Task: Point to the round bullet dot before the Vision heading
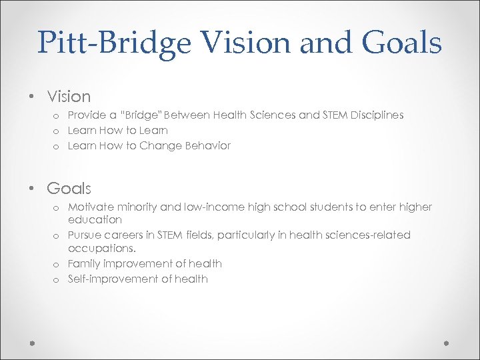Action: (x=31, y=97)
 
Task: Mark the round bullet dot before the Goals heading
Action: (x=31, y=189)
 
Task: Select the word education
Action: (x=95, y=219)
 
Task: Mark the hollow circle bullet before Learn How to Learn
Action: (x=58, y=131)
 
